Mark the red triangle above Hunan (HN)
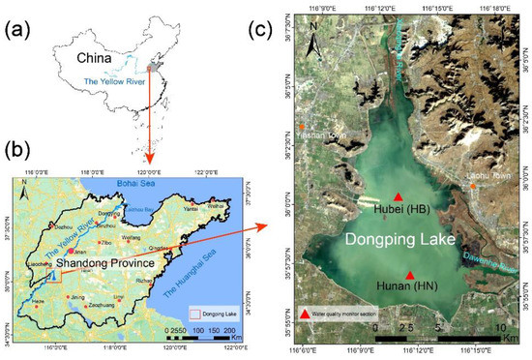[x=410, y=275]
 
